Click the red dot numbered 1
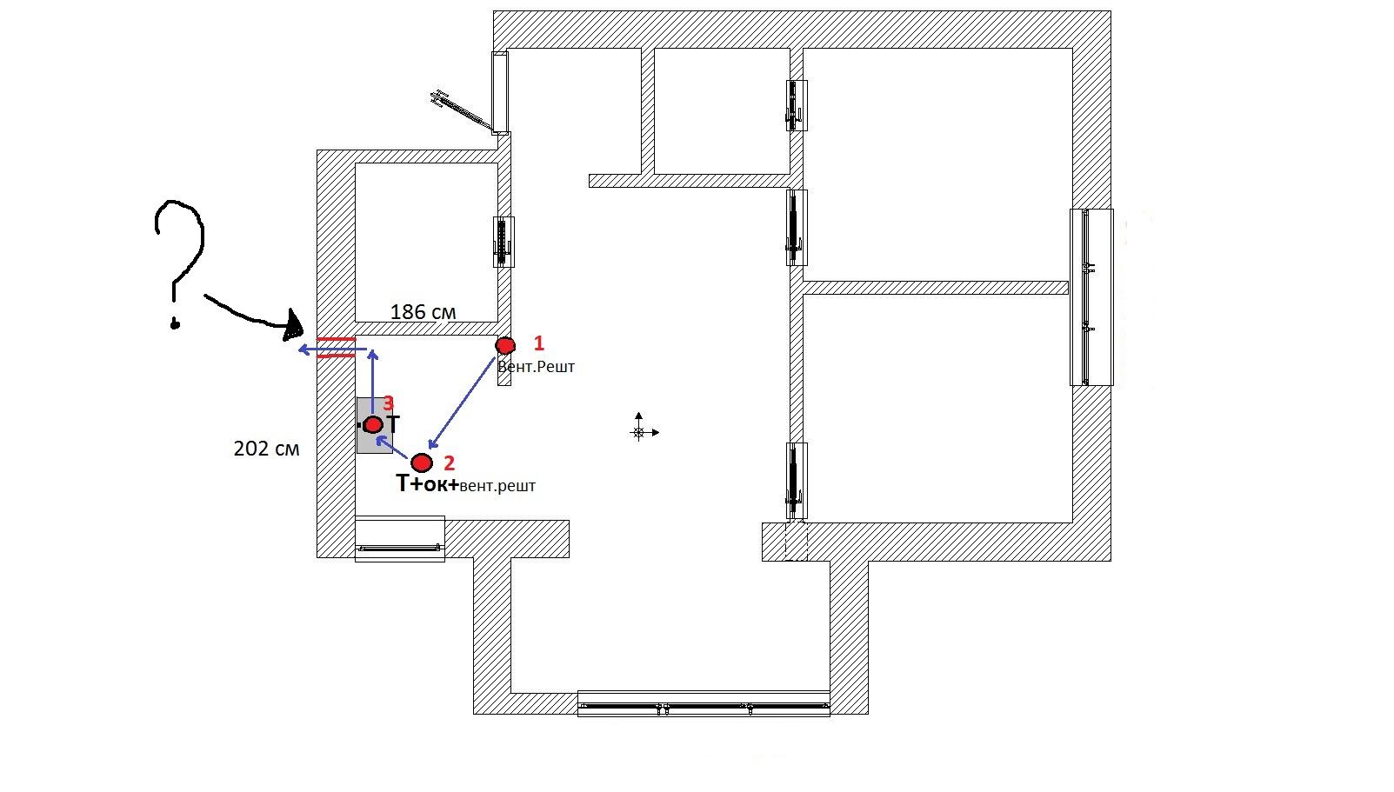point(504,345)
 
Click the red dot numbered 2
point(421,463)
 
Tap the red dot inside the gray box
point(373,425)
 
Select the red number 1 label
point(539,343)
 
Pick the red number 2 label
point(449,463)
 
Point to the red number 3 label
point(389,403)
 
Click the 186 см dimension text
point(423,312)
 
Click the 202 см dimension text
point(266,449)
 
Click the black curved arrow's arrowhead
point(294,326)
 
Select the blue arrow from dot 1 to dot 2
point(462,403)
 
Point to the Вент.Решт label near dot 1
point(536,367)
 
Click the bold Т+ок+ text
point(428,483)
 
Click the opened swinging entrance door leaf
point(461,110)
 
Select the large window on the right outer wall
point(1091,297)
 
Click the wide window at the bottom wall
point(704,703)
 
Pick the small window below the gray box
point(399,539)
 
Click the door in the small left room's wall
point(504,242)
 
